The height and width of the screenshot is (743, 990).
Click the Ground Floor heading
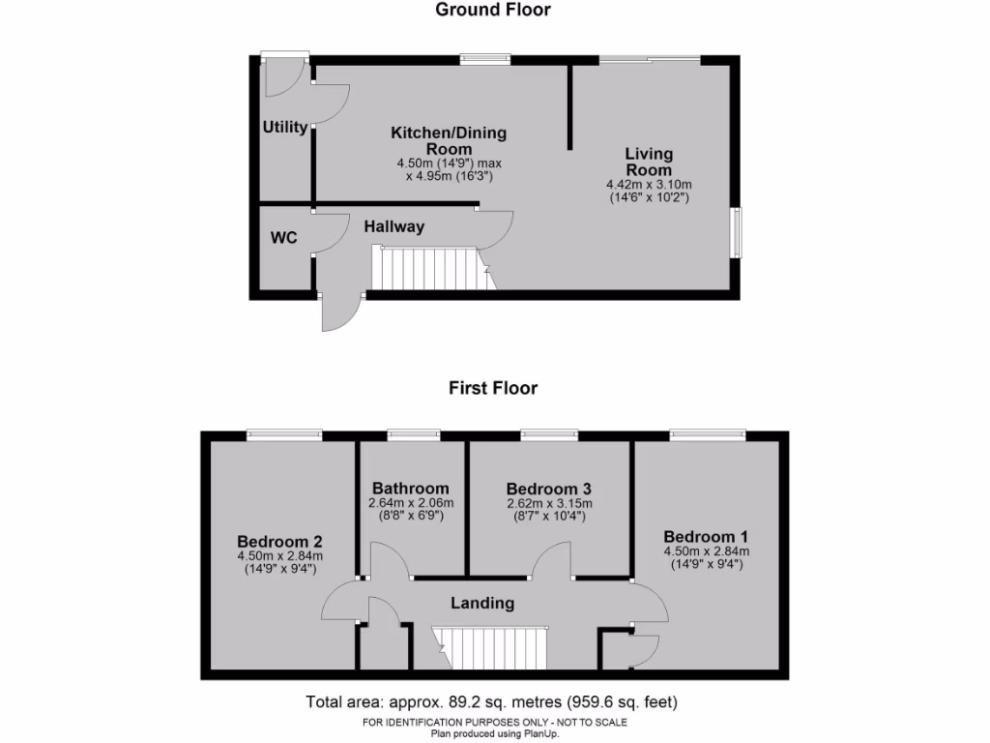493,11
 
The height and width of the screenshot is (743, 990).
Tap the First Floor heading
493,388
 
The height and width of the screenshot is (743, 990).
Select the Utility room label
285,127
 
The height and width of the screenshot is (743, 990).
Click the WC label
284,237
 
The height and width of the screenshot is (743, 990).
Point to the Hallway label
394,226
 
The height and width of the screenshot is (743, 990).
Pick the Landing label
482,603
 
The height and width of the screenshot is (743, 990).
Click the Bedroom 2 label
279,542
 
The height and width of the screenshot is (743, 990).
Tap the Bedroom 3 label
549,489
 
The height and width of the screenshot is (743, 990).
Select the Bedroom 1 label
706,537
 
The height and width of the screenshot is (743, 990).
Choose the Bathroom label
411,489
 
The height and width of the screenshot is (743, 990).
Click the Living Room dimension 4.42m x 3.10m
649,185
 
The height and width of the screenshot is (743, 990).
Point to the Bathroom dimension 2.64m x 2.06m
411,503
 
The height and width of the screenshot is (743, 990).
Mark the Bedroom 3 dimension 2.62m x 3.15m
549,503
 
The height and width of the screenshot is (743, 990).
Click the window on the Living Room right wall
736,232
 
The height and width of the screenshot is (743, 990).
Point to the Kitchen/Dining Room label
449,140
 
